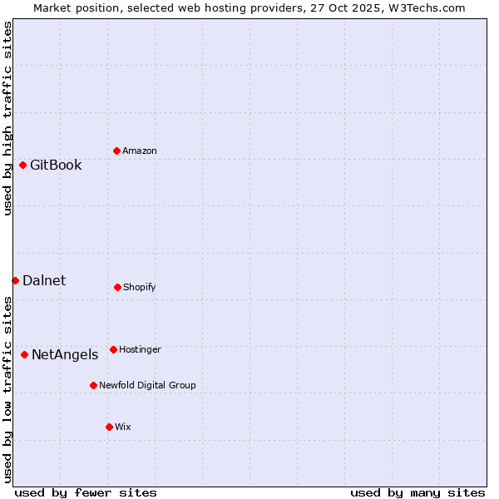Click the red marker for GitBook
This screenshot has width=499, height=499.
[22, 165]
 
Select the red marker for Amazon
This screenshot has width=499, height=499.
[116, 151]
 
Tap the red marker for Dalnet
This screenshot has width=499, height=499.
[15, 280]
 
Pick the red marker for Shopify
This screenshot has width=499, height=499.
[117, 287]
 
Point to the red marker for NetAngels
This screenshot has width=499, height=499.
[24, 354]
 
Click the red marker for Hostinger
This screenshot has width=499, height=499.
[113, 349]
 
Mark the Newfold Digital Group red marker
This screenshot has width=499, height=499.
[93, 385]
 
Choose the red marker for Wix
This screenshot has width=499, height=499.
[109, 427]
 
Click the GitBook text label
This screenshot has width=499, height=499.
[56, 165]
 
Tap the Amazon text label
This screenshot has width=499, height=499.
[140, 151]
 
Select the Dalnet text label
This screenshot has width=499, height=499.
[44, 280]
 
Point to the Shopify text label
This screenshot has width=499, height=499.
[140, 287]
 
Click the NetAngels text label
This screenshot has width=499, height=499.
[65, 354]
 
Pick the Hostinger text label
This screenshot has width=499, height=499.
[140, 349]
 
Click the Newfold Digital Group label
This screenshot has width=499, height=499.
[147, 385]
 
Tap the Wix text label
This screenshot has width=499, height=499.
[123, 427]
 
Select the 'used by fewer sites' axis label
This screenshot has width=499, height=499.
[86, 492]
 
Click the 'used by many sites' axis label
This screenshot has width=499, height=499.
[417, 492]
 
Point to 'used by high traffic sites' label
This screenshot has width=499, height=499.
[7, 118]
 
